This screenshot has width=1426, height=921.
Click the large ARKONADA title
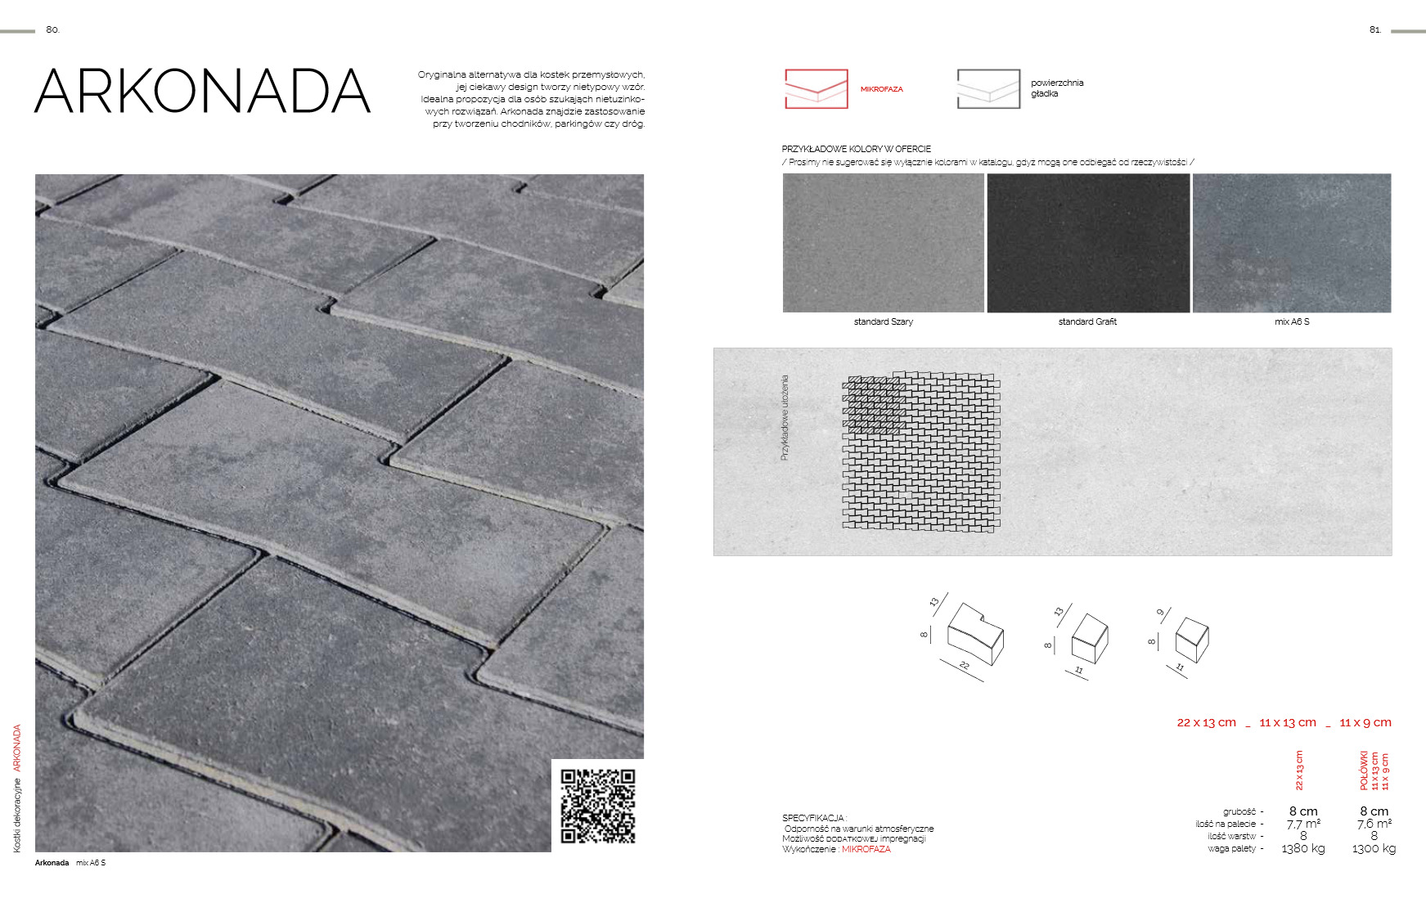(x=203, y=91)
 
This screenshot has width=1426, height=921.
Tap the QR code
(x=597, y=806)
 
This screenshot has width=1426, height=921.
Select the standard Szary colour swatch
(x=883, y=243)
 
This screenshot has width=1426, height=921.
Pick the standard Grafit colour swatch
(x=1087, y=243)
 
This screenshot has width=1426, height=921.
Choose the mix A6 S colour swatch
(x=1292, y=243)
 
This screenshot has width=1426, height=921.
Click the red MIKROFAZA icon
(x=816, y=88)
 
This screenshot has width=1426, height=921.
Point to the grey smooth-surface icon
(x=988, y=88)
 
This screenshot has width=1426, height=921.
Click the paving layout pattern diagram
(x=921, y=452)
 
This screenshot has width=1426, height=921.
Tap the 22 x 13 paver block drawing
(x=974, y=635)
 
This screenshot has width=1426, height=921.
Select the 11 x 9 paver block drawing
(x=1191, y=639)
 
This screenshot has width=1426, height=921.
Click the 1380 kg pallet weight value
(x=1302, y=849)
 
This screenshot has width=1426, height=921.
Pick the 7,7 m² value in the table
(x=1302, y=824)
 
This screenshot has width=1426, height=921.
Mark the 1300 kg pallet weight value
(x=1374, y=849)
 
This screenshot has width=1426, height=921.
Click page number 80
(x=52, y=29)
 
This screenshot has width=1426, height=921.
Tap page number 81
(x=1374, y=29)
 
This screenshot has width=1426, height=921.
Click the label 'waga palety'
(x=1231, y=849)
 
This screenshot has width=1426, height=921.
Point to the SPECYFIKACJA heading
(x=813, y=818)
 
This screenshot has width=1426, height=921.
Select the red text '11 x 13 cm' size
(x=1287, y=722)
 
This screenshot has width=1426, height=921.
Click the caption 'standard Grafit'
(x=1087, y=321)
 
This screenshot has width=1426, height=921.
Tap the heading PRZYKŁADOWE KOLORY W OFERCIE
(x=856, y=149)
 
